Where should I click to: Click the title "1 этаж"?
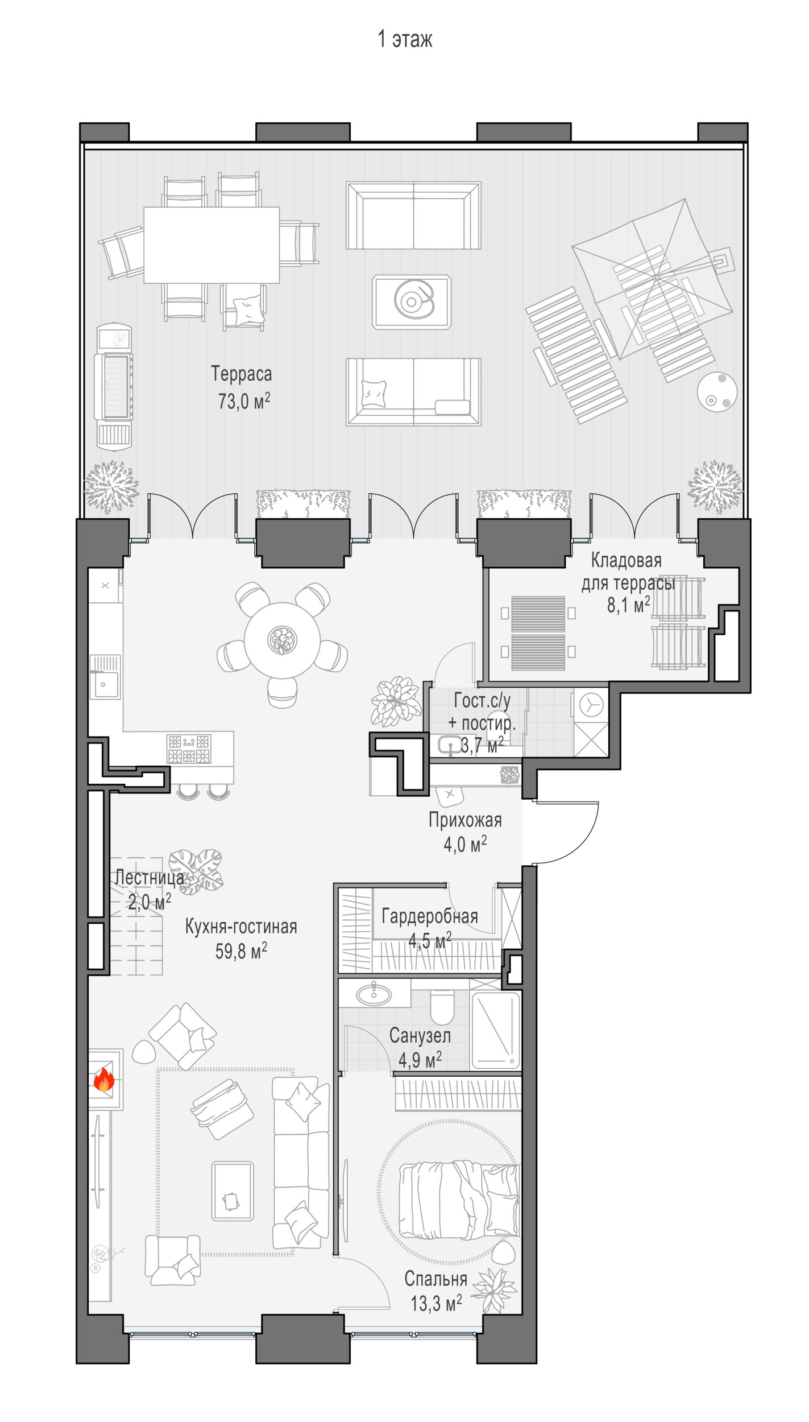405,39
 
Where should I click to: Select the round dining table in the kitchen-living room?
282,640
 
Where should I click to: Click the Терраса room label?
242,374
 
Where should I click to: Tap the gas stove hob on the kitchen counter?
189,749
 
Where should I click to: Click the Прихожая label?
465,820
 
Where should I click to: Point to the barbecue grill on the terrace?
114,387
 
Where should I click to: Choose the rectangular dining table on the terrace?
211,245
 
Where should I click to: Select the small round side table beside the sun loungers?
717,392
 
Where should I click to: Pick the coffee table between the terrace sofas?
412,301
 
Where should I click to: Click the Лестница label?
150,878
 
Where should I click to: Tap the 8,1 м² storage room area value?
628,605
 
